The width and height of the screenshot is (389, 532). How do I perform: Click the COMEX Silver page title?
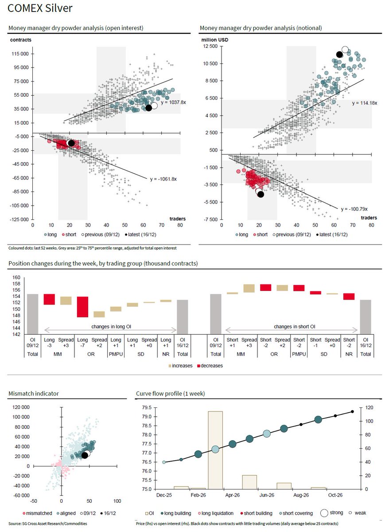tap(40, 8)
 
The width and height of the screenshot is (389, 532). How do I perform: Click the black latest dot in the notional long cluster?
tap(340, 54)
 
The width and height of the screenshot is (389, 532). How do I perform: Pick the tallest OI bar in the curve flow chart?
tap(215, 450)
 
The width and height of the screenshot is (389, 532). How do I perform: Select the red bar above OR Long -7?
tap(82, 307)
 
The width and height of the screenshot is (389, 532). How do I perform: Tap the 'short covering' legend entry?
tap(298, 513)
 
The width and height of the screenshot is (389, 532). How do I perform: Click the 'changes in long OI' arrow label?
tap(110, 327)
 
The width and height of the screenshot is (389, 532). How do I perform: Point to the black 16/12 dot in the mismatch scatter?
tap(84, 455)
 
